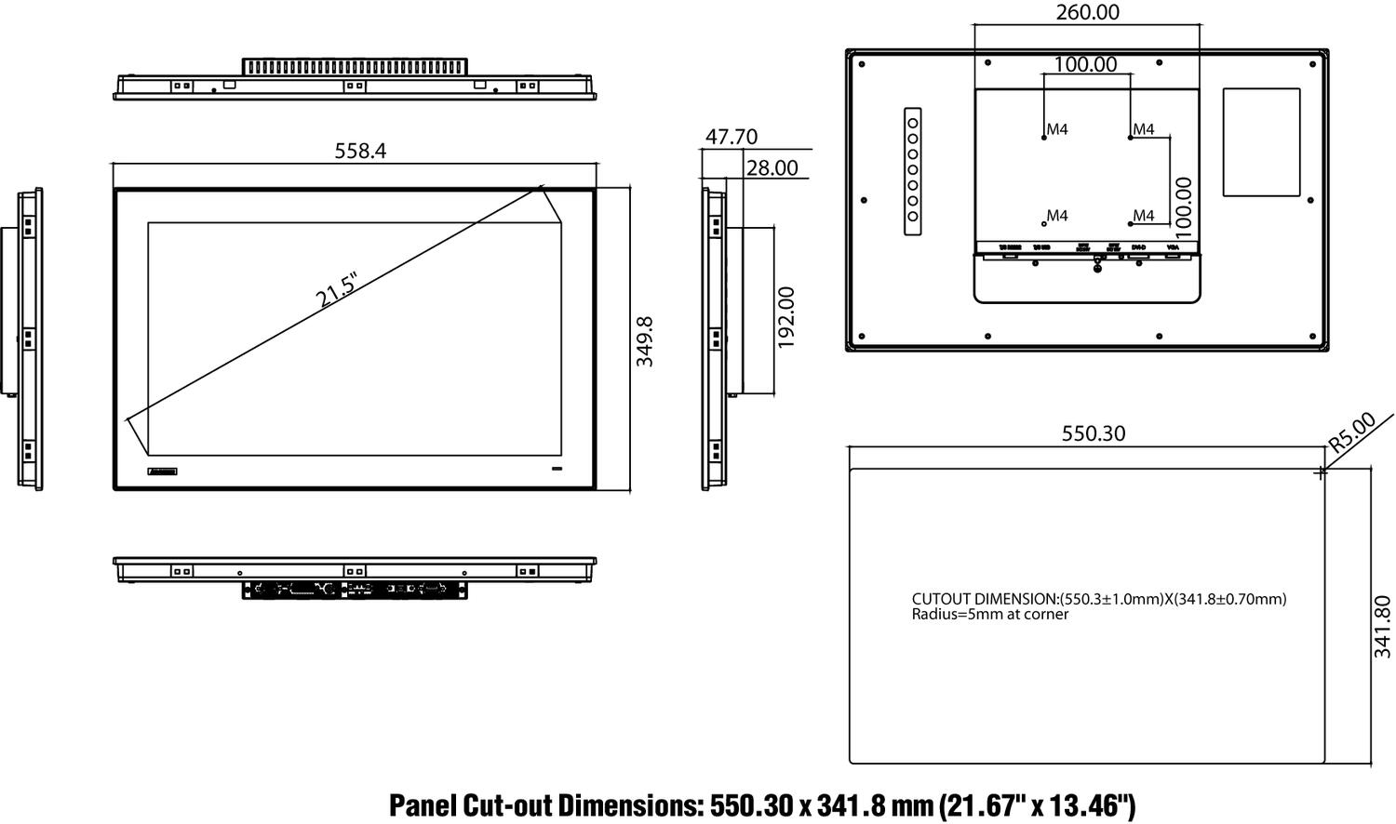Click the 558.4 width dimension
360,151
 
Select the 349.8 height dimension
645,341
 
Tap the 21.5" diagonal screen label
337,290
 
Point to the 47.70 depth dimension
731,137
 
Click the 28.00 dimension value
772,167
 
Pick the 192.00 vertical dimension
786,317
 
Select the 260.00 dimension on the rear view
1087,13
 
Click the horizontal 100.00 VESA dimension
1085,64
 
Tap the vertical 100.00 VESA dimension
1183,204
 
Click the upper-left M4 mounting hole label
1057,130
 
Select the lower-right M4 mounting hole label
1144,217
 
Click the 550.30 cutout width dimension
1094,433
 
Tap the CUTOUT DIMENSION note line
1098,599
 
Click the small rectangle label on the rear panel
1261,142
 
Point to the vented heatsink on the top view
355,67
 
